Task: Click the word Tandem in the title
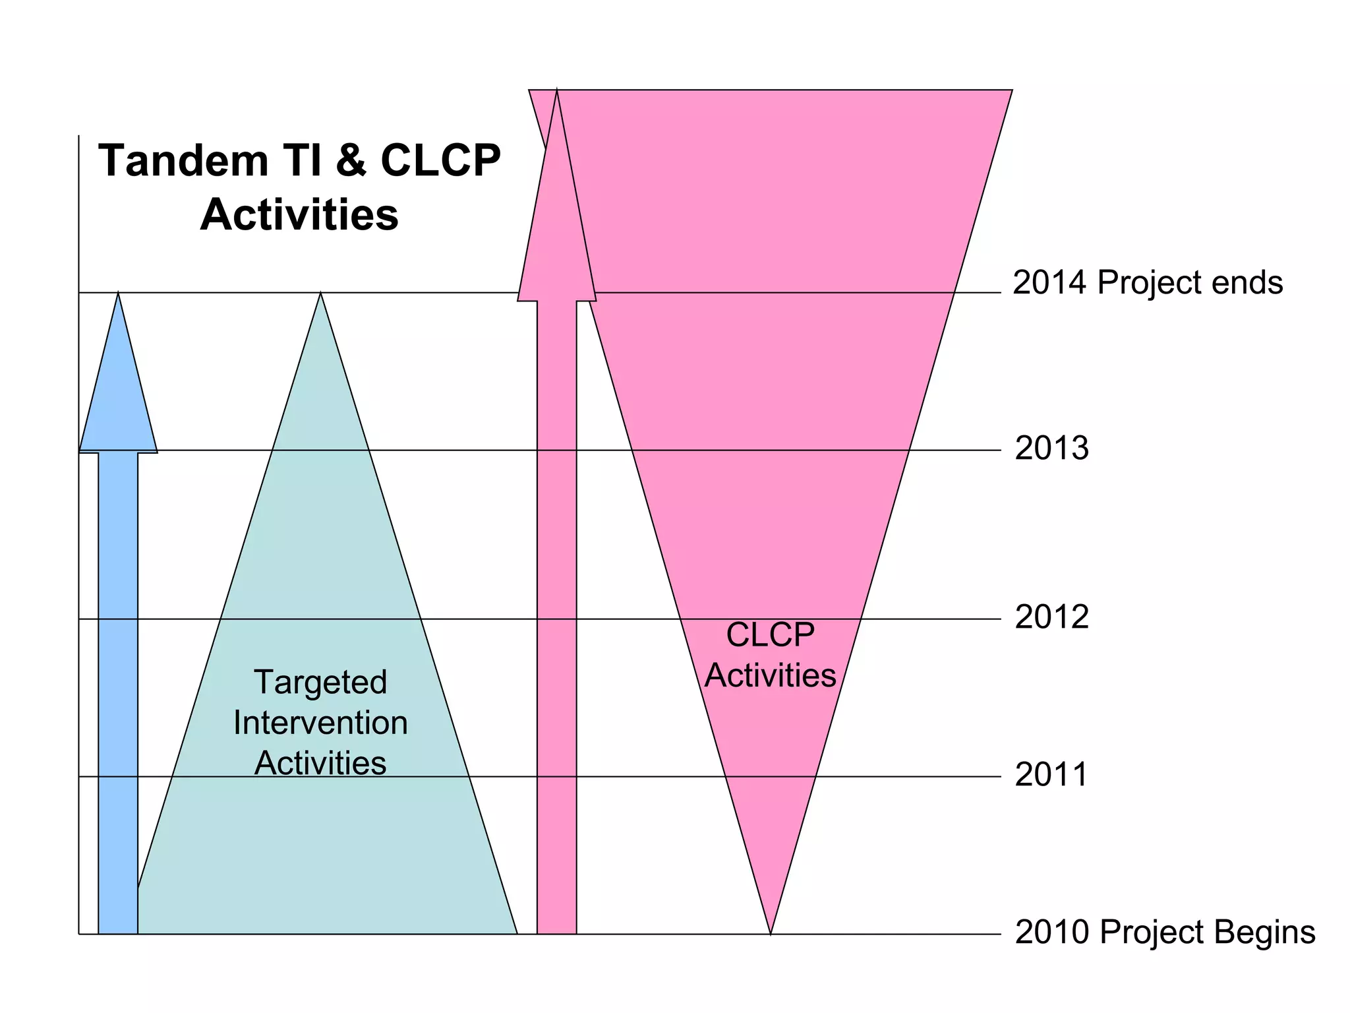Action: (183, 161)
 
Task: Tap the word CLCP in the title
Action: (440, 161)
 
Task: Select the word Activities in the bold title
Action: (299, 215)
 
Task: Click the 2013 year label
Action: (1051, 448)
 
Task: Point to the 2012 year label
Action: (1051, 617)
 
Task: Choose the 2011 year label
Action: (1051, 774)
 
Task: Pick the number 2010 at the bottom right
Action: (1052, 932)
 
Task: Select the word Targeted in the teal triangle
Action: (320, 682)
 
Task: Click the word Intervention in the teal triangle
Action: (320, 723)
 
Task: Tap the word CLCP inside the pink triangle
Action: (770, 635)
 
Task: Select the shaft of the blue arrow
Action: (118, 692)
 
